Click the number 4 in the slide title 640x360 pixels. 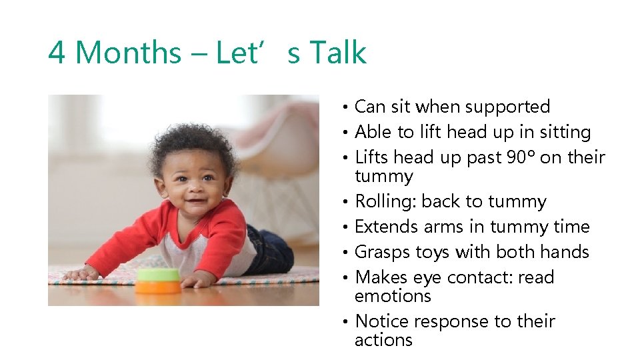tap(57, 53)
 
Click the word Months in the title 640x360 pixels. tap(127, 53)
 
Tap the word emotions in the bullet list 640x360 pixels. tap(393, 296)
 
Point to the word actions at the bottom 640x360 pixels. tap(383, 340)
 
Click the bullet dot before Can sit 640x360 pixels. tap(346, 107)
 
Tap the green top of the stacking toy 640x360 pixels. tap(157, 274)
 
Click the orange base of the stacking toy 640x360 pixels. tap(157, 287)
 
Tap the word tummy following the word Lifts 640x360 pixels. tap(384, 176)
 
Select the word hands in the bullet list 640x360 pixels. tap(565, 252)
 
